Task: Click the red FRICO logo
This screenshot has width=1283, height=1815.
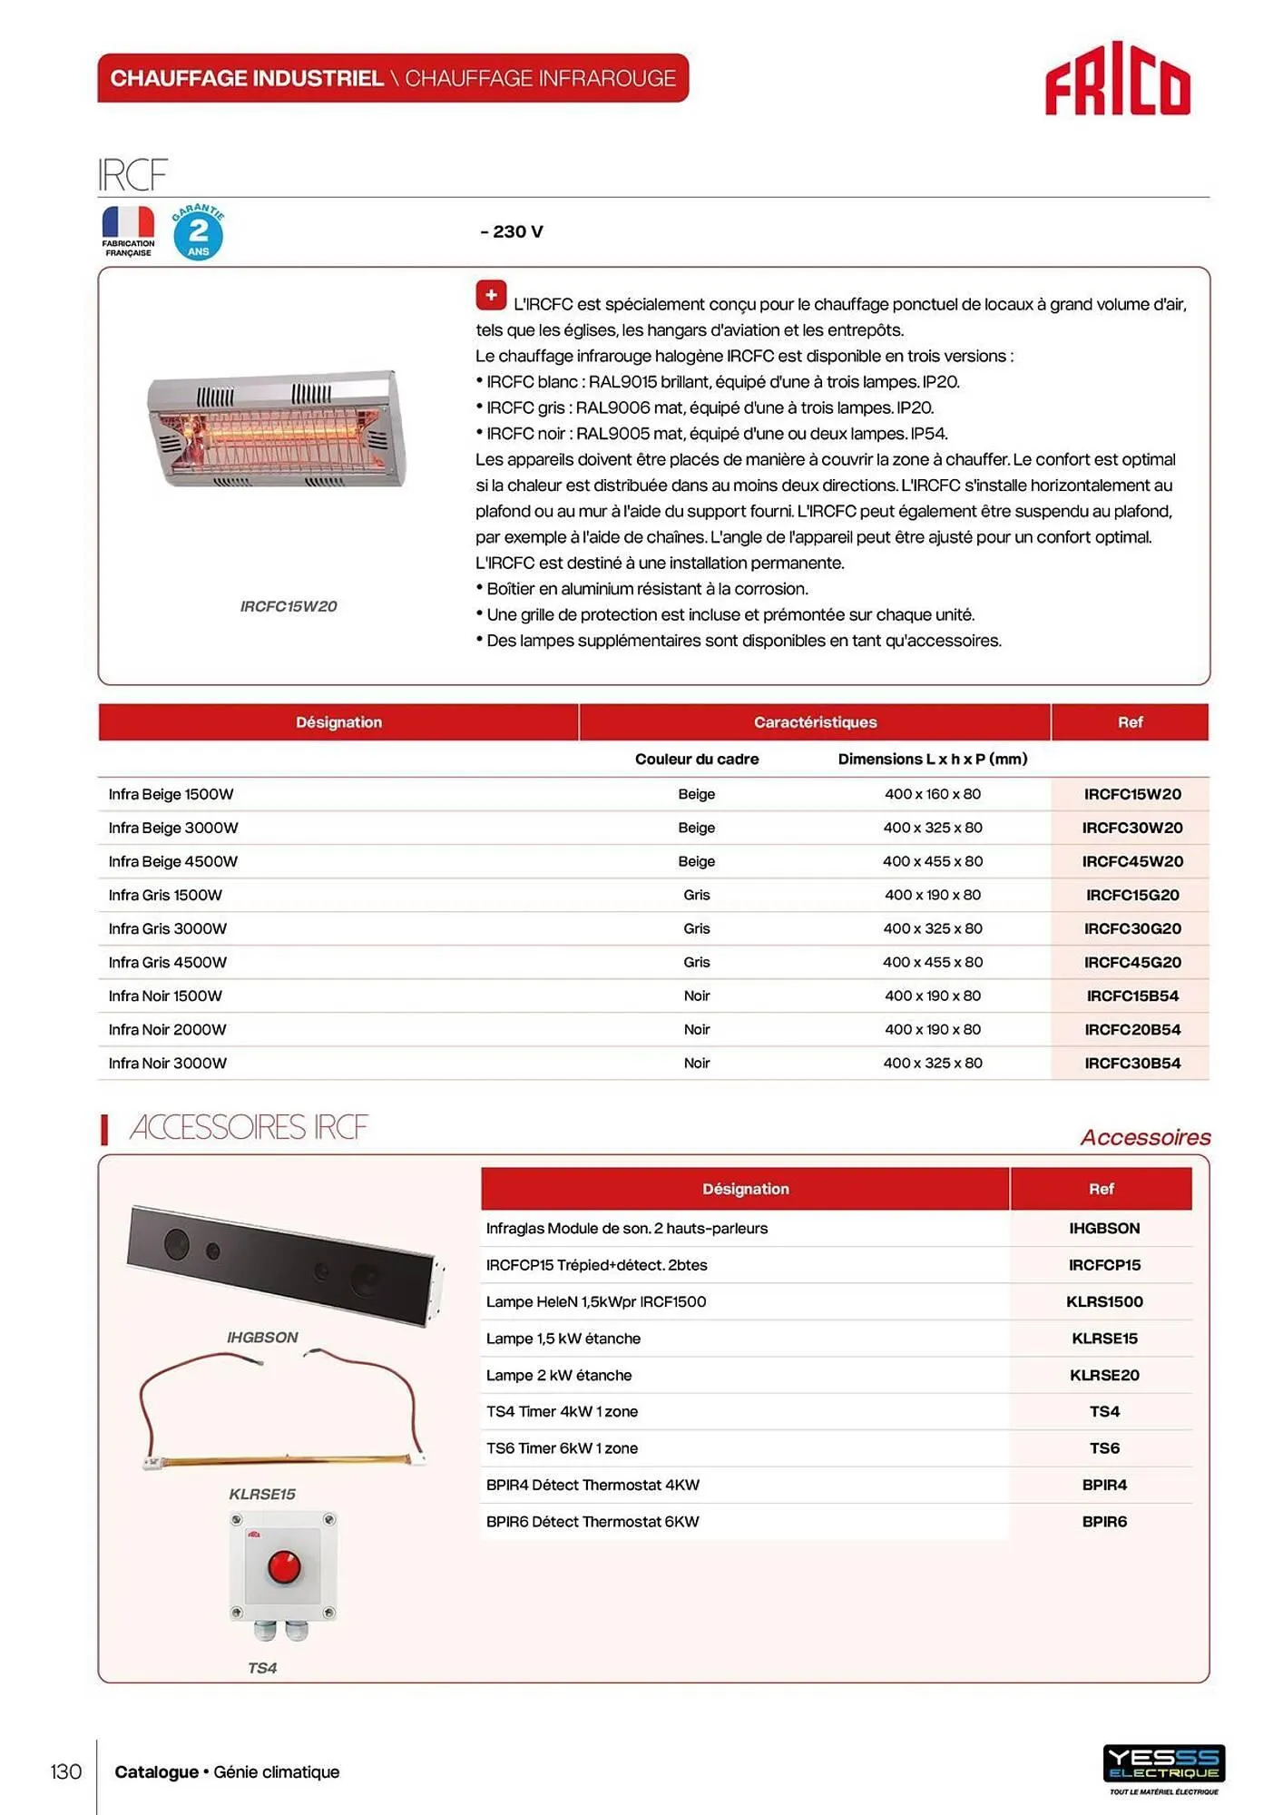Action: click(x=1117, y=80)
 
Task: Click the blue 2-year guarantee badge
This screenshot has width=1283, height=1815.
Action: click(x=198, y=232)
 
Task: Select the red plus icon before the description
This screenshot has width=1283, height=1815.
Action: click(x=491, y=295)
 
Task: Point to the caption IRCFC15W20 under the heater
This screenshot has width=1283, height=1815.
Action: click(x=288, y=606)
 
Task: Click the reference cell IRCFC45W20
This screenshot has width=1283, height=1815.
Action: click(x=1131, y=861)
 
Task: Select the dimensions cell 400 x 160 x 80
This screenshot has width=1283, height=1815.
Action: click(x=932, y=794)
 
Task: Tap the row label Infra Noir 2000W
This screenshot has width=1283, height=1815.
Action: click(x=168, y=1029)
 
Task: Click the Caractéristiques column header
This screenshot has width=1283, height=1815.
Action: click(x=815, y=722)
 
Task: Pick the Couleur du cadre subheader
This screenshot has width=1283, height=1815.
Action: click(x=696, y=759)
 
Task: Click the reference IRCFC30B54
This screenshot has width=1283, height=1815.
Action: click(x=1131, y=1063)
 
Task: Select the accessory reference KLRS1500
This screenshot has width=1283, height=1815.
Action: click(x=1103, y=1301)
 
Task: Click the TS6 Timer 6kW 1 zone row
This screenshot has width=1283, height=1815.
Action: click(x=562, y=1448)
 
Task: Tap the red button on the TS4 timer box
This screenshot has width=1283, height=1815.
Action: click(x=284, y=1565)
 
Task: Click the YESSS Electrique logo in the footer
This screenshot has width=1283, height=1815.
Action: click(x=1163, y=1765)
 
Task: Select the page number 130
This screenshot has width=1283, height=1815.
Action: click(x=65, y=1771)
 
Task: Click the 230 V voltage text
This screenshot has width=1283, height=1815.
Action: click(x=513, y=231)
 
